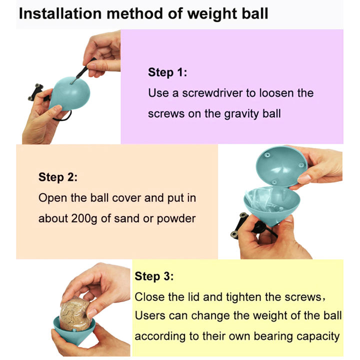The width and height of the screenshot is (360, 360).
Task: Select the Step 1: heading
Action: (167, 72)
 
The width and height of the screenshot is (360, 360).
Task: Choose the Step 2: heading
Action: (58, 177)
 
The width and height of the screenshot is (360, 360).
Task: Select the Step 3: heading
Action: (154, 276)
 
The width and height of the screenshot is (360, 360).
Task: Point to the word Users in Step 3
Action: (149, 316)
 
